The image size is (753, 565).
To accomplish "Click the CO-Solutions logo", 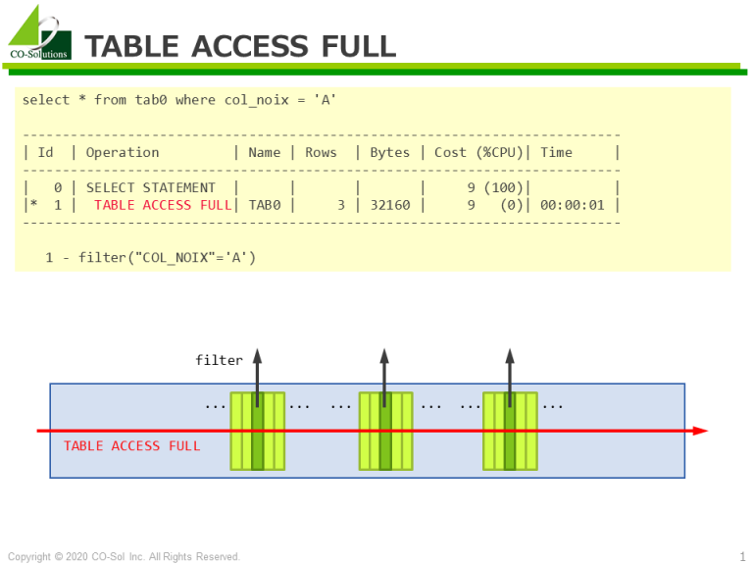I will click(39, 32).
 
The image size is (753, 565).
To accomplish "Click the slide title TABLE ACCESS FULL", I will click(240, 46).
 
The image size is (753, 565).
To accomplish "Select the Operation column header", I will click(123, 152).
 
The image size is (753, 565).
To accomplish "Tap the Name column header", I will click(264, 152).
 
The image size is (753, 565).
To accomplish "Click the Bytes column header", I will click(389, 152).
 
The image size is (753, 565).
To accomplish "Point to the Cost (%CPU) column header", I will click(478, 152).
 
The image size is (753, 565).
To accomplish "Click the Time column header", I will click(556, 152).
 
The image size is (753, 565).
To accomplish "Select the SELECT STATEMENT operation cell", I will click(151, 187).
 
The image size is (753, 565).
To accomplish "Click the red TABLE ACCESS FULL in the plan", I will click(163, 205).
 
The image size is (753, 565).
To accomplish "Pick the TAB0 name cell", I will click(264, 205).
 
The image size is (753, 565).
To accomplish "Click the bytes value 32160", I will click(390, 205).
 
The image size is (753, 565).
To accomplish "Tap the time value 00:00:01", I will click(572, 205).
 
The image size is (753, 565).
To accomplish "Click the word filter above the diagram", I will click(219, 360).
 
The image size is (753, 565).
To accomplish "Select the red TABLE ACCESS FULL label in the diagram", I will click(131, 446).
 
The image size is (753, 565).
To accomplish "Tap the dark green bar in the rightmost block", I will click(510, 432).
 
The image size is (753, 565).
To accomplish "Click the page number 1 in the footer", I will click(742, 556).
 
